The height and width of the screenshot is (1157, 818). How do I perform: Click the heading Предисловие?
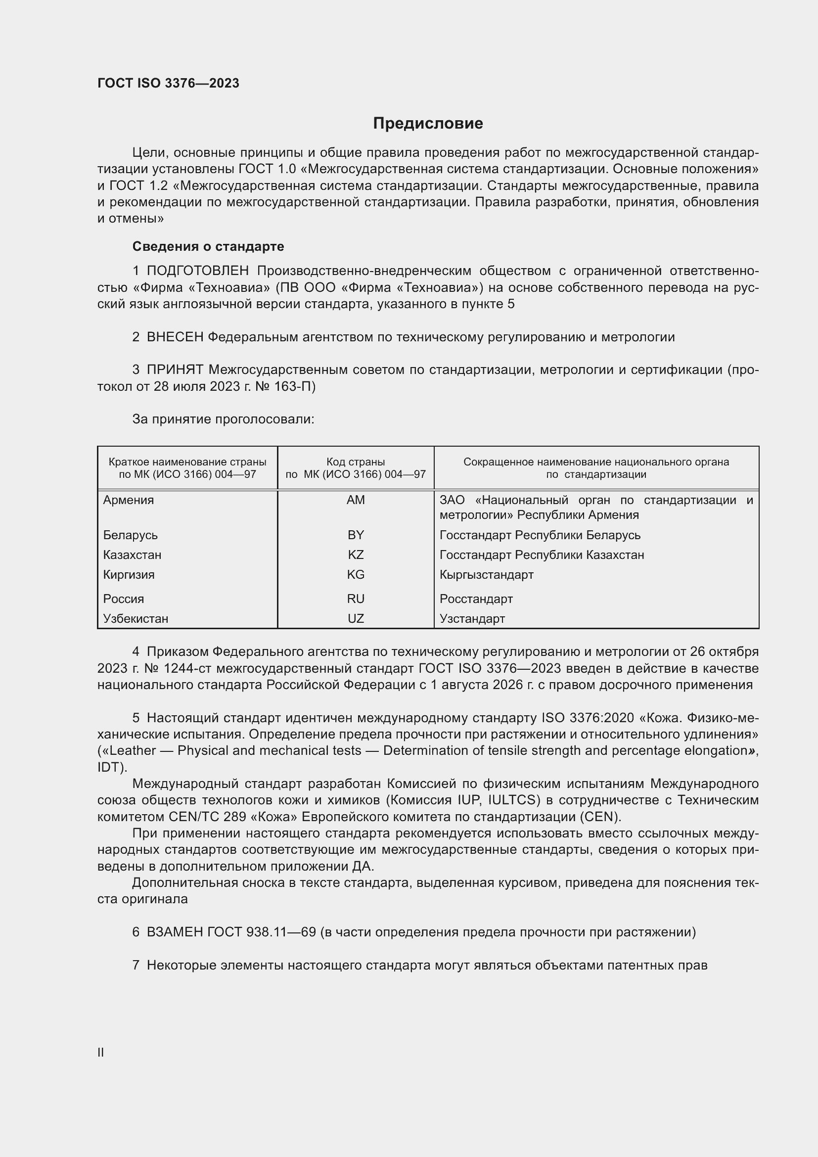(428, 124)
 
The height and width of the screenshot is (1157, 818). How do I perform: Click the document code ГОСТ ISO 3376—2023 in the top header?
(168, 83)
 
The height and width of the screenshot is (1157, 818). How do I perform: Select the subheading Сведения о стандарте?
(208, 246)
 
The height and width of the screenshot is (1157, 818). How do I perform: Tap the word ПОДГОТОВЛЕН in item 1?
(197, 271)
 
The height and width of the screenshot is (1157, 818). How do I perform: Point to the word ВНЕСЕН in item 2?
(175, 337)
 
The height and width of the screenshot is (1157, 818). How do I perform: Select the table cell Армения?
(129, 500)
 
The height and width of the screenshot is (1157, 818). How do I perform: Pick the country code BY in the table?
(356, 535)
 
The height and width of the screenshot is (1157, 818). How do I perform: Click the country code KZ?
(356, 555)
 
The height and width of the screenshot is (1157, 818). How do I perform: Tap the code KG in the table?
(356, 574)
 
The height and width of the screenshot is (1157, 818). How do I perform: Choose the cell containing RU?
(356, 599)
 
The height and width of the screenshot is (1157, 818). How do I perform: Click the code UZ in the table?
(356, 618)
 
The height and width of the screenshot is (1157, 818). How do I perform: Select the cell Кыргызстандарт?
(486, 574)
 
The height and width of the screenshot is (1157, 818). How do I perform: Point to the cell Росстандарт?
(476, 599)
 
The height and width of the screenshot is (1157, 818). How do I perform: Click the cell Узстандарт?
(472, 618)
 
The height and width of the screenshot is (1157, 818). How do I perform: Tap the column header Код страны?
(356, 462)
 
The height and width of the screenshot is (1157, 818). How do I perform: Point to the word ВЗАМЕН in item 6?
(175, 932)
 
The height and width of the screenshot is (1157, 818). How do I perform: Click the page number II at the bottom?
(101, 1052)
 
